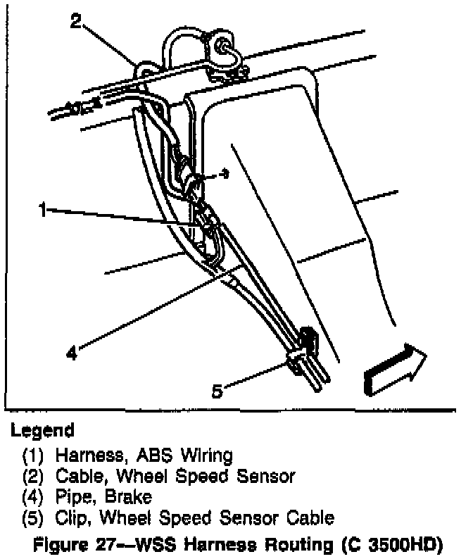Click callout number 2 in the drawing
(x=77, y=21)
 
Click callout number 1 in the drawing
(x=44, y=210)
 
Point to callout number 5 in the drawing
(x=217, y=390)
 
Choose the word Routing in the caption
(x=303, y=542)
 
